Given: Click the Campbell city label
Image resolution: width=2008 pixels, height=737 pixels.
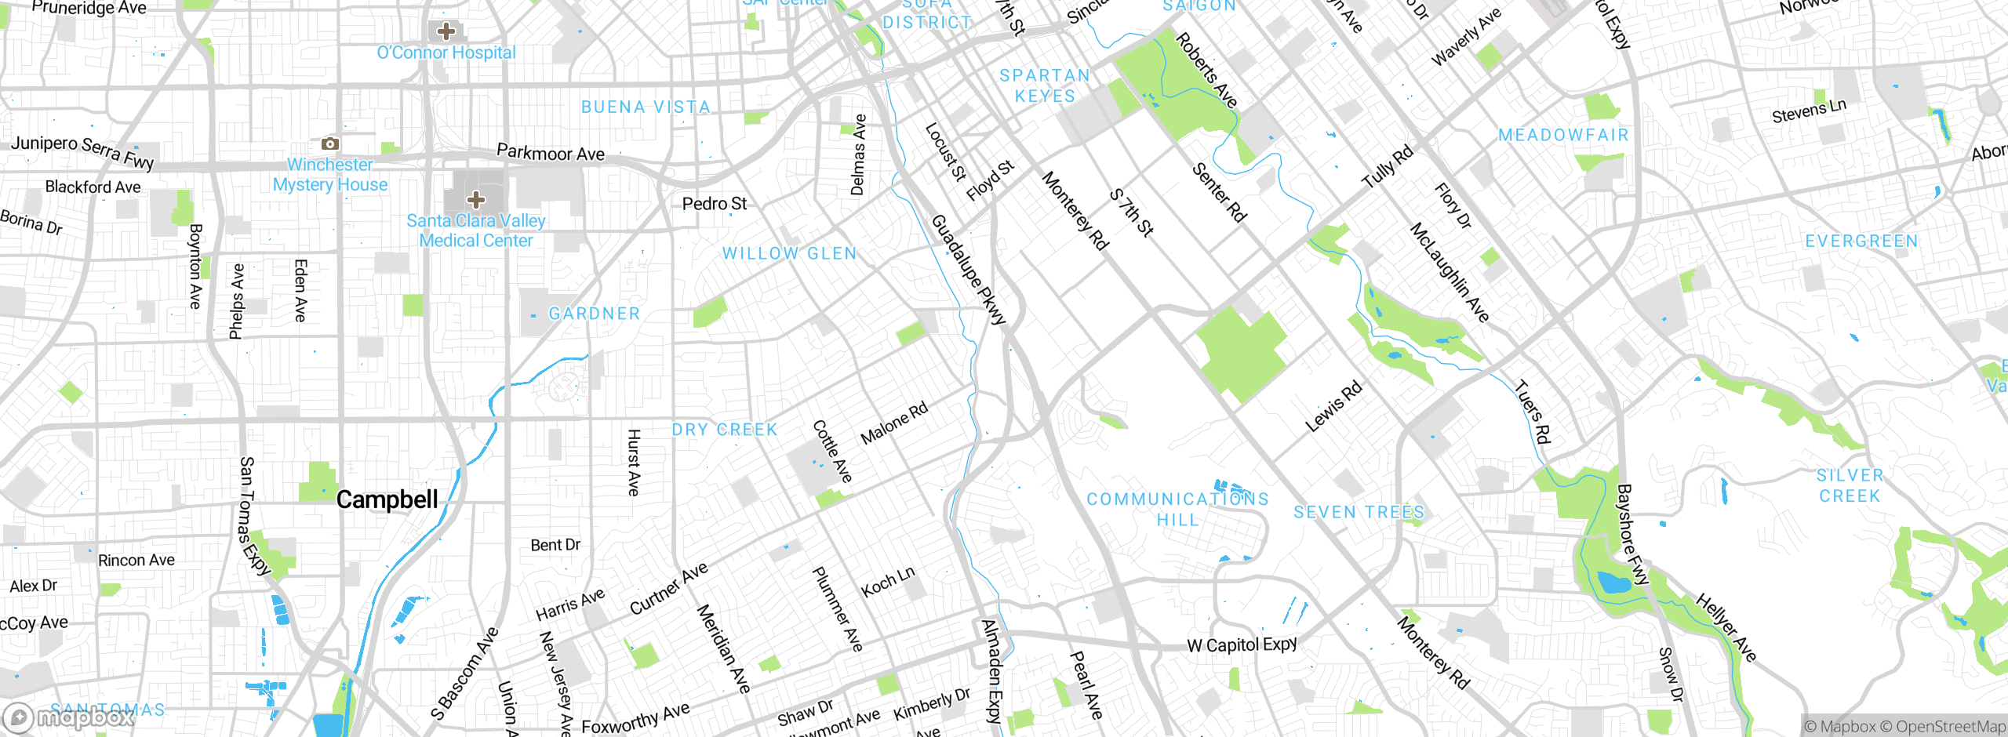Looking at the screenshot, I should [387, 499].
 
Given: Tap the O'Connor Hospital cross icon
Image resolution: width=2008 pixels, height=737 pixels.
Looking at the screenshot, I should [446, 31].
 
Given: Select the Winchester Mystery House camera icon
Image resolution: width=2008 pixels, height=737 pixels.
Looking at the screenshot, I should [330, 143].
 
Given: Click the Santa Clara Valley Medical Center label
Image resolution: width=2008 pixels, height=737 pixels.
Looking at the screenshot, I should [475, 231].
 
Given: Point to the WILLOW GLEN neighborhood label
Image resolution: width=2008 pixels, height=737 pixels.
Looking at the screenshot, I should [789, 253].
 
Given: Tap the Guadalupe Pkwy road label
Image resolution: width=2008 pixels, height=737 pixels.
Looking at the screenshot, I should [968, 270].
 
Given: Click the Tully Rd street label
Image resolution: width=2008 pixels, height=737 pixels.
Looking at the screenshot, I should [1387, 167].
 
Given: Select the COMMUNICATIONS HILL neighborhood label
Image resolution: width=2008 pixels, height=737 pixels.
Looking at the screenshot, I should [1177, 509].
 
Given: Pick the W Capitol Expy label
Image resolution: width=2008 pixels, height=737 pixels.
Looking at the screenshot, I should [1242, 645].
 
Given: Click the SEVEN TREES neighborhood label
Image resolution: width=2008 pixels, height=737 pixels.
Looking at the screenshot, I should [1359, 512].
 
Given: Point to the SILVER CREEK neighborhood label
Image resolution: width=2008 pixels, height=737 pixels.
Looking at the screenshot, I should [1850, 485].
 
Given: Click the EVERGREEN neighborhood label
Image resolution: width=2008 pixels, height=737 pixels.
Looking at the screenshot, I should [1861, 241].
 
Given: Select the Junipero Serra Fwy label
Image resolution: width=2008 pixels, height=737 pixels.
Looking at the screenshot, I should [82, 151].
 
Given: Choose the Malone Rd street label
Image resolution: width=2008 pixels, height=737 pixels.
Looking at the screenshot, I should [894, 423].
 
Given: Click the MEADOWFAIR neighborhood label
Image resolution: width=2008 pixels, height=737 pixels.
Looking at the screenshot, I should [1563, 135].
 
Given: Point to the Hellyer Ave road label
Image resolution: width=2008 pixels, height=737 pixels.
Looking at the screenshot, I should [1726, 628].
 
